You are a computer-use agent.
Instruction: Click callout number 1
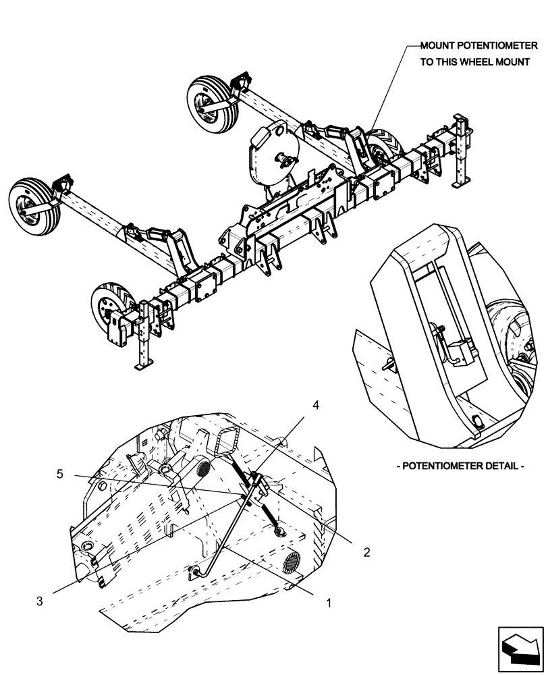[x=329, y=603]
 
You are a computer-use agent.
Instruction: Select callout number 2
[x=367, y=551]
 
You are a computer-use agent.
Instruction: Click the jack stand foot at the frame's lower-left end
[x=144, y=365]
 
